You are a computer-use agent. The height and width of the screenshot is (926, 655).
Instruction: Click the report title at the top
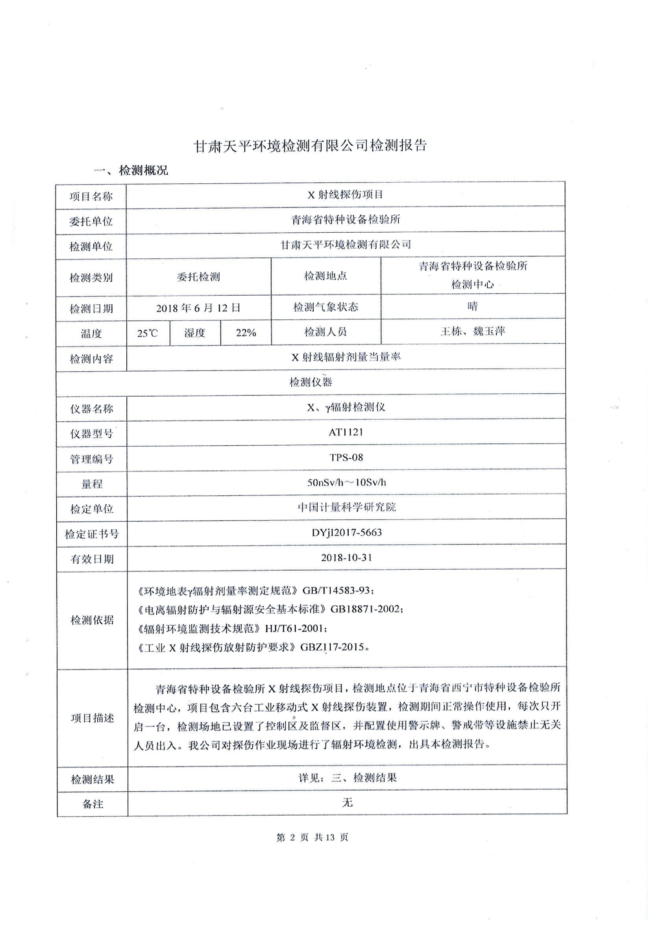pos(310,146)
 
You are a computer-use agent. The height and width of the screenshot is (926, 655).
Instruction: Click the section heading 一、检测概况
pos(131,170)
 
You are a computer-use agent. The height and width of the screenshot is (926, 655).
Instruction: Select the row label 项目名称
pos(91,197)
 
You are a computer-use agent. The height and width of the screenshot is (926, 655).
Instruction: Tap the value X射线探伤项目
pos(345,195)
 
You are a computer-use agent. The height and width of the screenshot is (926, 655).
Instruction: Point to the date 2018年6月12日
pos(198,308)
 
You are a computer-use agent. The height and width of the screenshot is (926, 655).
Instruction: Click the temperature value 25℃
pos(148,333)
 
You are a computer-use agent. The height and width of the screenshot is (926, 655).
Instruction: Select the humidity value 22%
pos(246,333)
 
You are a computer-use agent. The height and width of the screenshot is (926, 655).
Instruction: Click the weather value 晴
pos(472,306)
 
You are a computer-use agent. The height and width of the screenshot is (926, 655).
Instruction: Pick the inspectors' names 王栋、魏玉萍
pos(473,332)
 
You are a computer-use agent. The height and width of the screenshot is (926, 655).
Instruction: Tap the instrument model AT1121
pos(346,432)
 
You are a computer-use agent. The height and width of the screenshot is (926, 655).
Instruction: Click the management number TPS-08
pos(346,457)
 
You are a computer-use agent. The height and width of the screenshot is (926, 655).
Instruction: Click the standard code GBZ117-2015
pos(333,647)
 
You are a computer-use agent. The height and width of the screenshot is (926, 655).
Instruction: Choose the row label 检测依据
pos(92,620)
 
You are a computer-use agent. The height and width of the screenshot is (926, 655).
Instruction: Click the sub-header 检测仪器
pos(311,382)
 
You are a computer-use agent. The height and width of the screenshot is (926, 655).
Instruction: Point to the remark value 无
pos(347,803)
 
